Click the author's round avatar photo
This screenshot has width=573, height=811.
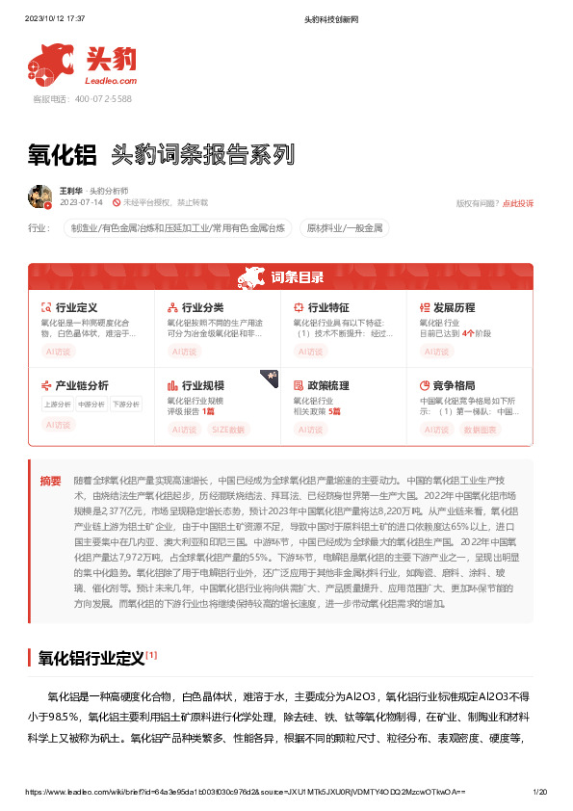point(39,196)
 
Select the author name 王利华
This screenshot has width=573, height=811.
point(70,191)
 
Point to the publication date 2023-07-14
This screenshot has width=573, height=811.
point(80,203)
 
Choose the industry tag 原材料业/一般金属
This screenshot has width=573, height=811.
point(346,228)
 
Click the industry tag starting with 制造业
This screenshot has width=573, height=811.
point(177,228)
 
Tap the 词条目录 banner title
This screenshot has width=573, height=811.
point(297,277)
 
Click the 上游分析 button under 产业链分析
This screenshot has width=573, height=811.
point(57,405)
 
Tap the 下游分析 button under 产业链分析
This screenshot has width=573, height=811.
point(125,405)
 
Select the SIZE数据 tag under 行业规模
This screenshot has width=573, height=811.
point(228,430)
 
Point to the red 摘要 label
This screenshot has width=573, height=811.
point(50,481)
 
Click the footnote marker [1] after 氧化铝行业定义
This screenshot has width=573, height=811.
point(151,655)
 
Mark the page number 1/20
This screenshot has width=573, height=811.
point(540,791)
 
